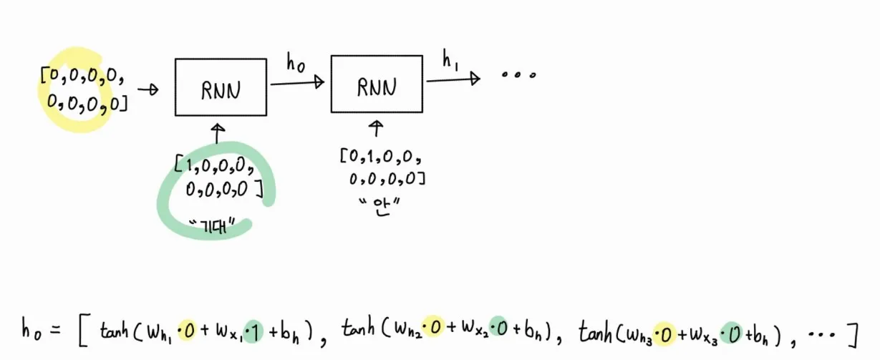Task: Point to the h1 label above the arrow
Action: point(450,62)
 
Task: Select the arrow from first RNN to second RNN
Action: point(297,83)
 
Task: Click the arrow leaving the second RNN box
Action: point(453,79)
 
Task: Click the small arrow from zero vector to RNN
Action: point(148,89)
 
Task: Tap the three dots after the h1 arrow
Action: point(518,75)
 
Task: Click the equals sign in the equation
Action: point(59,331)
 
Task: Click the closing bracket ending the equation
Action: point(850,332)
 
